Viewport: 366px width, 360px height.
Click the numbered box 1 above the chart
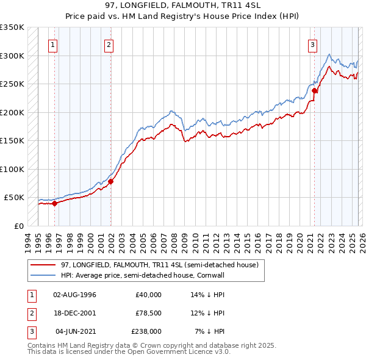click(x=54, y=45)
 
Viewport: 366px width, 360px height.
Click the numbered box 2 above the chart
click(x=109, y=45)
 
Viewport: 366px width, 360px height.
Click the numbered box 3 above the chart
click(x=312, y=45)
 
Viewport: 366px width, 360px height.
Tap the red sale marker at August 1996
click(x=55, y=204)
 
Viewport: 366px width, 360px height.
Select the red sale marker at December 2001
click(x=111, y=181)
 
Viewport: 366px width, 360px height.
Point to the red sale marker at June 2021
click(x=315, y=91)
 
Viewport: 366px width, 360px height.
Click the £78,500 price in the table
click(x=148, y=313)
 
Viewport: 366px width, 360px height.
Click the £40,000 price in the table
click(x=148, y=295)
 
